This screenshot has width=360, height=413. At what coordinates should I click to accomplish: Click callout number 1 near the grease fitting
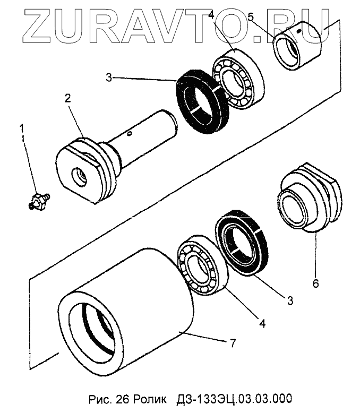22,128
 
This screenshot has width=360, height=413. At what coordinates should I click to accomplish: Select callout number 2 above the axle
68,98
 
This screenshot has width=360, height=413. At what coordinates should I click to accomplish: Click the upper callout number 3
108,78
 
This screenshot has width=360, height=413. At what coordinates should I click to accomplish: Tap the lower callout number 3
290,300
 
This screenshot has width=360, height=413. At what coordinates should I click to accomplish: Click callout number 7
232,343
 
